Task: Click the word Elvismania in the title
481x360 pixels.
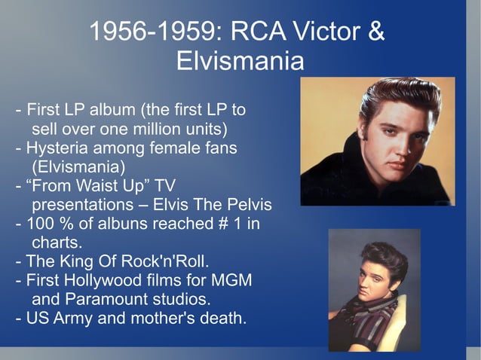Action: pyautogui.click(x=240, y=61)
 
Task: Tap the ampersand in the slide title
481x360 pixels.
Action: pyautogui.click(x=375, y=32)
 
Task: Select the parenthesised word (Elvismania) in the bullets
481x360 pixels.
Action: pyautogui.click(x=78, y=165)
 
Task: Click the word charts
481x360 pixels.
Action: pyautogui.click(x=57, y=243)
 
